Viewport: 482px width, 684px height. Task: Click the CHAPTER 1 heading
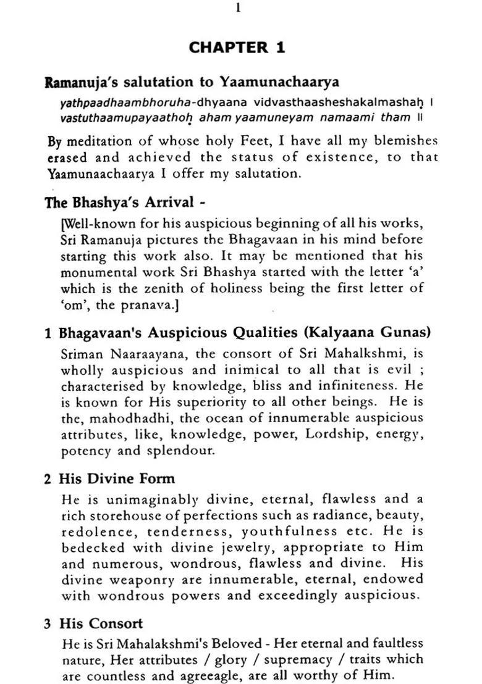coord(237,48)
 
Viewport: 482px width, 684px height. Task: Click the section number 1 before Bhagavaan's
coord(48,333)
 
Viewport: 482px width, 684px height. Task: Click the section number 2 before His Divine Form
coord(48,479)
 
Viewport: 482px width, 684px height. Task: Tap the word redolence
coord(93,531)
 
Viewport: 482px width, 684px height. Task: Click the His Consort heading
coord(101,624)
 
